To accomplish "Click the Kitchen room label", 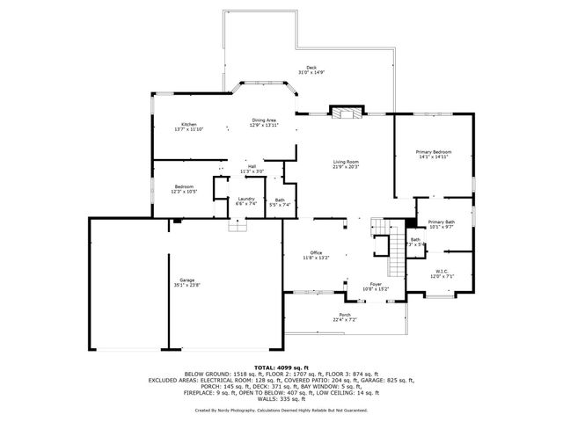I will [x=189, y=125].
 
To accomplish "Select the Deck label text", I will [x=311, y=68].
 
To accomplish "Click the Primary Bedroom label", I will [x=434, y=152].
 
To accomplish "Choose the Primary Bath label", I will [x=442, y=222].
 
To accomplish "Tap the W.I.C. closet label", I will [x=442, y=271].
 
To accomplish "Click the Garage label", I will [x=186, y=280].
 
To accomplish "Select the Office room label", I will [x=316, y=252].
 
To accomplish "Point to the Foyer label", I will [x=376, y=284].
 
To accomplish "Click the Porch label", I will [x=345, y=315].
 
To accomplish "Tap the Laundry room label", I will [x=246, y=199].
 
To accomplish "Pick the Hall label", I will [x=252, y=166].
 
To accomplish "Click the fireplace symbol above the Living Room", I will [x=343, y=113].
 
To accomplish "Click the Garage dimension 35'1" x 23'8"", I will [x=186, y=285].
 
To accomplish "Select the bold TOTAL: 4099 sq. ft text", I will [x=282, y=367].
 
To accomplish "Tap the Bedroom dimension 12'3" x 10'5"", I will [x=184, y=192].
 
